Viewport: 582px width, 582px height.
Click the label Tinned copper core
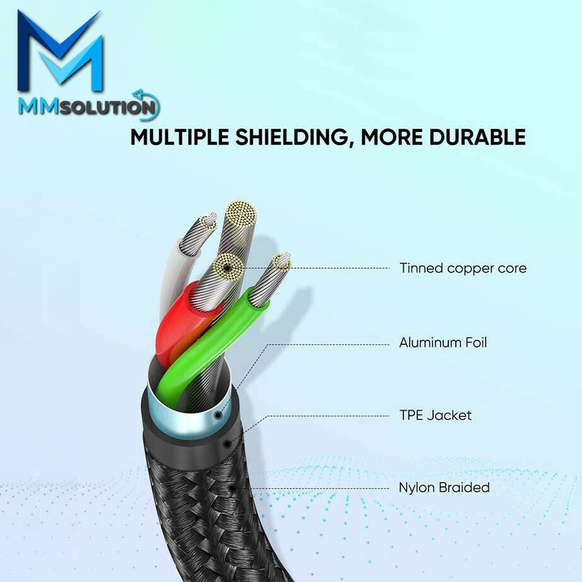pos(463,268)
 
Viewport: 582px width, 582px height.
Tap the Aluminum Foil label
pos(443,343)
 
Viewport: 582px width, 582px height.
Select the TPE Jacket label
pos(436,416)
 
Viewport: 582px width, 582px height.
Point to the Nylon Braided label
pos(444,488)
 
